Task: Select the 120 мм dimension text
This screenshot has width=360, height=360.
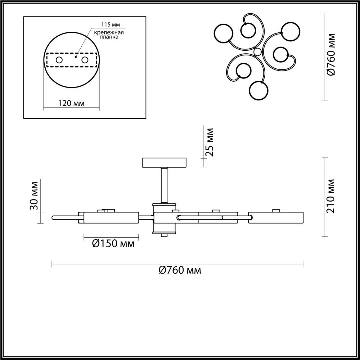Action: tap(71, 103)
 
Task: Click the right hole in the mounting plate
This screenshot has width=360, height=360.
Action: tap(85, 60)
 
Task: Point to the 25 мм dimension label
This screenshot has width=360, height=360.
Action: tap(210, 142)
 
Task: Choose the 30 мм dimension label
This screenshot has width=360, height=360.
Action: tap(34, 196)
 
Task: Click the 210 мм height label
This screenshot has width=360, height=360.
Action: tap(331, 196)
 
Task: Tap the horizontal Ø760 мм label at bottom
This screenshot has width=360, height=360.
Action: tap(180, 270)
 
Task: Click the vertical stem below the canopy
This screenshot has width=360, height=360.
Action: tap(164, 185)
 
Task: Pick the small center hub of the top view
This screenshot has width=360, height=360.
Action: tap(257, 52)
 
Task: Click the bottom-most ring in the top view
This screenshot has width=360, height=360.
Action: tap(259, 90)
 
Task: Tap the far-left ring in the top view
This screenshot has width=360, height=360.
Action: tap(223, 33)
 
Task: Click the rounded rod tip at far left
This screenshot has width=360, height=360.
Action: tap(54, 217)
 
